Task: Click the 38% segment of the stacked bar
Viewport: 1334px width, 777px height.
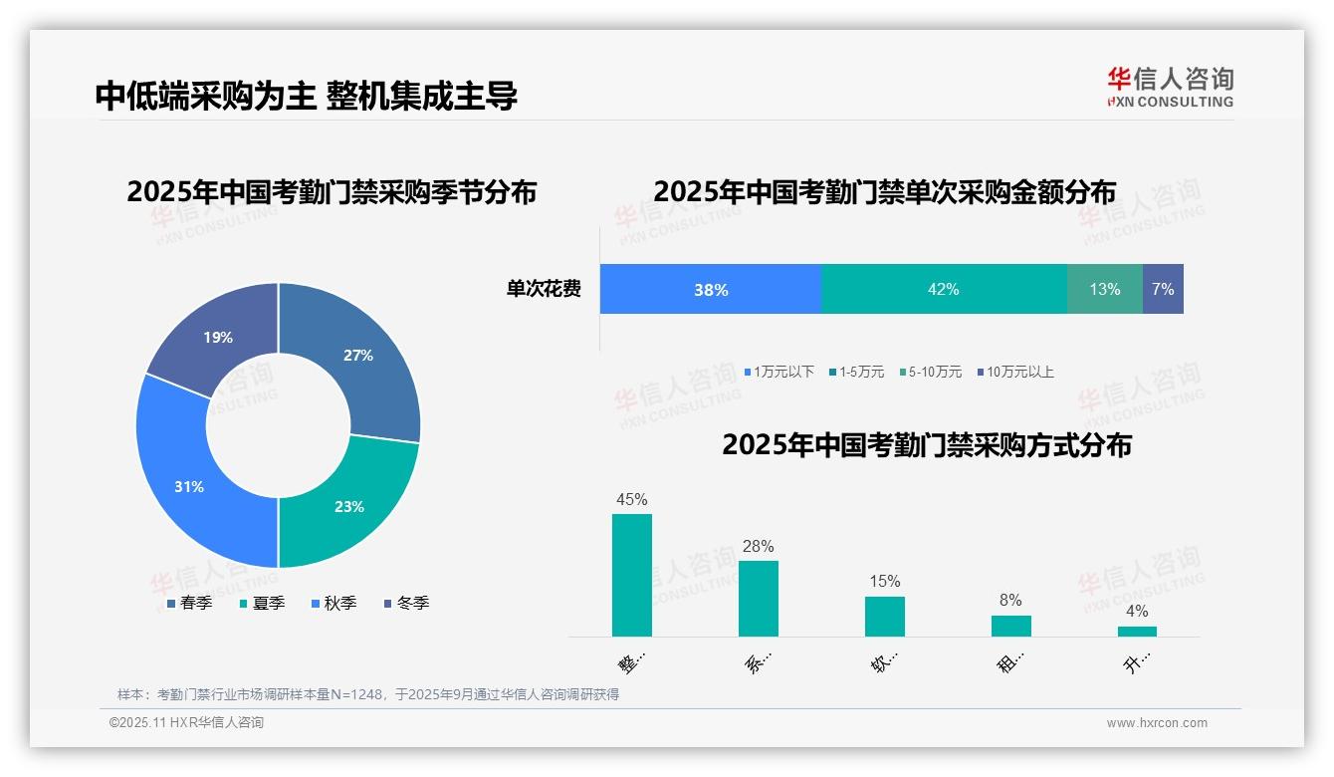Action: (711, 290)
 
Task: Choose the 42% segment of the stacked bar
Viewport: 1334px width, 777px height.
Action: (943, 290)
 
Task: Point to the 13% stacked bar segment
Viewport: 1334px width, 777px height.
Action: (1104, 290)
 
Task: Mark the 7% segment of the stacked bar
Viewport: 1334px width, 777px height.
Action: (1163, 290)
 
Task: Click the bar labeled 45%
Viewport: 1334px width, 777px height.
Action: (632, 575)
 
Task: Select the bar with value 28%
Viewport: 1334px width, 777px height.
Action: (759, 598)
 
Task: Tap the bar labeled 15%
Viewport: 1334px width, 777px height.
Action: (884, 616)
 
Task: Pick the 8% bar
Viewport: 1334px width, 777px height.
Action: (1010, 626)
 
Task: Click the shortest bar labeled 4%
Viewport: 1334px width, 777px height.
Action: (1137, 631)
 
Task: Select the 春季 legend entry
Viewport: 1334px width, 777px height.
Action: (188, 604)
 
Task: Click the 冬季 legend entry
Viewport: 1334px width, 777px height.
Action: (406, 604)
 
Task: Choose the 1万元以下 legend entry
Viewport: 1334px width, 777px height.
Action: (778, 373)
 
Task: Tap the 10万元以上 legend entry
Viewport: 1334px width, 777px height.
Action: (1014, 373)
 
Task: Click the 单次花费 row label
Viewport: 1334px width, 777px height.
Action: (544, 290)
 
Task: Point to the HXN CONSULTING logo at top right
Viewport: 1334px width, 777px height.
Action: (1170, 88)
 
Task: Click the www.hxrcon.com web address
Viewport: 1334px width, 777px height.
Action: (1157, 723)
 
